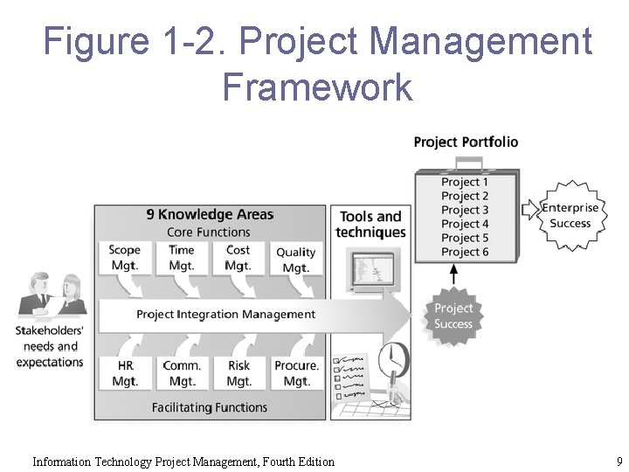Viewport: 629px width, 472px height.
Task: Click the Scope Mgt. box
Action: pyautogui.click(x=125, y=257)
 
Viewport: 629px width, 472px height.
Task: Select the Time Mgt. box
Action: pyautogui.click(x=182, y=257)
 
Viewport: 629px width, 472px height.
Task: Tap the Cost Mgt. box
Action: pyautogui.click(x=238, y=257)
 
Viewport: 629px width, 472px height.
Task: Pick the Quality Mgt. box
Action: pyautogui.click(x=296, y=260)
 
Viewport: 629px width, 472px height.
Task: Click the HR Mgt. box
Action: pyautogui.click(x=125, y=373)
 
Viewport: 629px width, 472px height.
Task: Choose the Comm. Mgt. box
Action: pyautogui.click(x=182, y=373)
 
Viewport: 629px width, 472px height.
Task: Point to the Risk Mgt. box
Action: pyautogui.click(x=238, y=373)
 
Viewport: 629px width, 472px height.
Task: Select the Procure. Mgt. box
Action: pyautogui.click(x=296, y=373)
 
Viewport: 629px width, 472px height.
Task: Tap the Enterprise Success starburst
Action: pyautogui.click(x=570, y=215)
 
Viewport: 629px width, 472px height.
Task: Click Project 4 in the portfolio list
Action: pyautogui.click(x=465, y=224)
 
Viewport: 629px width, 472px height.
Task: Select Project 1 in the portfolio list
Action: pyautogui.click(x=465, y=182)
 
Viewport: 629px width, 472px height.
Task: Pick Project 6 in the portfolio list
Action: pyautogui.click(x=465, y=252)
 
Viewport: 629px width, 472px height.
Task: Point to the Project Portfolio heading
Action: pyautogui.click(x=466, y=142)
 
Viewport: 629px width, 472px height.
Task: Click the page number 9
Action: pyautogui.click(x=619, y=461)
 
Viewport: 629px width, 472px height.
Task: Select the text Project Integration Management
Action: pyautogui.click(x=225, y=314)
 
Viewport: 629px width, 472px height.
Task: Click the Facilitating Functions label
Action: pyautogui.click(x=209, y=407)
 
